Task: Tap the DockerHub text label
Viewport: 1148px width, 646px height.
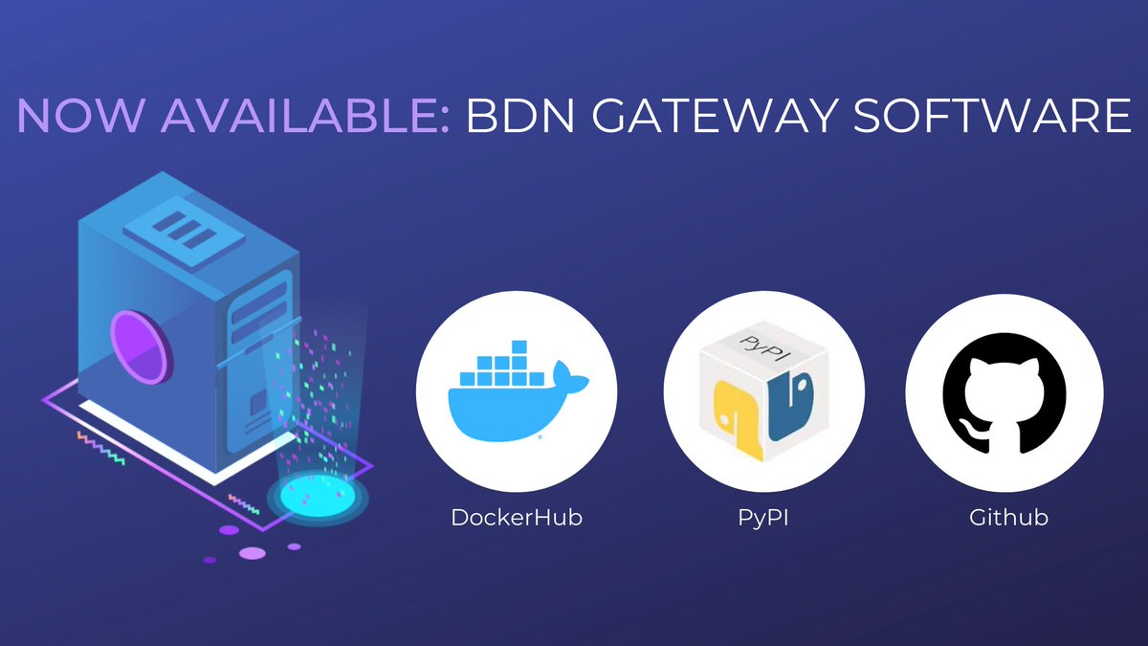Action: click(x=517, y=518)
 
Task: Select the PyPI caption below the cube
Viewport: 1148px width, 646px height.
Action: click(x=763, y=518)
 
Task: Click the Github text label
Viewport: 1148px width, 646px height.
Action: click(x=1008, y=518)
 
